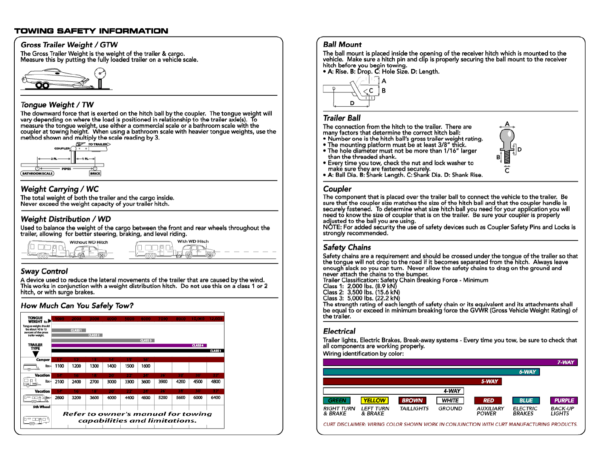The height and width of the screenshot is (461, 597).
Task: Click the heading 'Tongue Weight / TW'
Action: pyautogui.click(x=57, y=105)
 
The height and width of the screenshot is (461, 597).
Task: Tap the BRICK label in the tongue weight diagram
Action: pyautogui.click(x=95, y=174)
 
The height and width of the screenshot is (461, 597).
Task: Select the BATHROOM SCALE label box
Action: pyautogui.click(x=37, y=174)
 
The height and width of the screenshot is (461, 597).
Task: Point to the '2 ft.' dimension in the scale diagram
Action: pyautogui.click(x=54, y=159)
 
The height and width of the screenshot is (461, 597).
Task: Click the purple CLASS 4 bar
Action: pyautogui.click(x=129, y=345)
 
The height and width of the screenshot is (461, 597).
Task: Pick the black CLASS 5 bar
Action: pyautogui.click(x=138, y=351)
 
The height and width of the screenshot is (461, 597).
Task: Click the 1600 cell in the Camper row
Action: pyautogui.click(x=146, y=366)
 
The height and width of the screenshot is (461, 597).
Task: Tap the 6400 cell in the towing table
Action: pyautogui.click(x=216, y=398)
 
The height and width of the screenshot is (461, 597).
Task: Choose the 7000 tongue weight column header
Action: pyautogui.click(x=163, y=319)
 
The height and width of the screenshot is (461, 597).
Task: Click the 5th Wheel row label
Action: pyautogui.click(x=41, y=407)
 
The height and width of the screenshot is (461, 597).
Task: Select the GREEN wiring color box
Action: pyautogui.click(x=337, y=400)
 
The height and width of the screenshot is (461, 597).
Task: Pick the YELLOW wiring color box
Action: pyautogui.click(x=375, y=400)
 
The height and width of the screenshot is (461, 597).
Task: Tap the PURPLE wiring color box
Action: pyautogui.click(x=564, y=400)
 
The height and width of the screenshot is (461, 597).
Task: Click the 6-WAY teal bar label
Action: pyautogui.click(x=527, y=372)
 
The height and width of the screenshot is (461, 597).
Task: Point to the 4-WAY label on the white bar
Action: pyautogui.click(x=452, y=391)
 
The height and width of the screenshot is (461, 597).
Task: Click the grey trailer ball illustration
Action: pyautogui.click(x=507, y=143)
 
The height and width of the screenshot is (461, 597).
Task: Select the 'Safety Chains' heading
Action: pyautogui.click(x=347, y=247)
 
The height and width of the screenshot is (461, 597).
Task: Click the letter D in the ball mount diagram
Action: pyautogui.click(x=352, y=103)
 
